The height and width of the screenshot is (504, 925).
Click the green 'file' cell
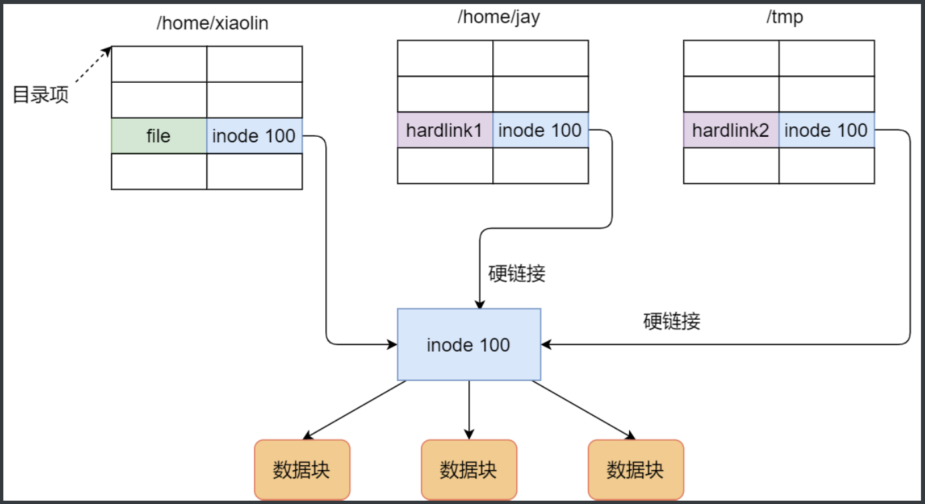[158, 136]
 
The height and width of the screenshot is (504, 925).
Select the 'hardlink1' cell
[444, 130]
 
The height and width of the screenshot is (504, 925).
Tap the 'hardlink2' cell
[731, 130]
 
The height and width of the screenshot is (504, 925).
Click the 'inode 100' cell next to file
[254, 136]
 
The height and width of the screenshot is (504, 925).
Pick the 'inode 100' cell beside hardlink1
[540, 130]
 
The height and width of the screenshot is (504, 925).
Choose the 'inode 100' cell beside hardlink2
[826, 130]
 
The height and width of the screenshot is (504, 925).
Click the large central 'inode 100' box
[468, 344]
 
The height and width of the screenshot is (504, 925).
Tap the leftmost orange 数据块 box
[302, 469]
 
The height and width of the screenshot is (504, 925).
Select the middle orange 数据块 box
[468, 469]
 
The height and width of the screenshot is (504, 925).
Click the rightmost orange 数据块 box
[635, 469]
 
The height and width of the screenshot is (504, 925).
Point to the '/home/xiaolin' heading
[212, 23]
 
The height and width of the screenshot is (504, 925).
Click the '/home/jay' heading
[498, 17]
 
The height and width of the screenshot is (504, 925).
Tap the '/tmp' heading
[784, 17]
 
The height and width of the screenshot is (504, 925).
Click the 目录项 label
[41, 94]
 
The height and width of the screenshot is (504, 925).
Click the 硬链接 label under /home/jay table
[516, 274]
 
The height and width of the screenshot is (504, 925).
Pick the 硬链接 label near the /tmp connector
[672, 322]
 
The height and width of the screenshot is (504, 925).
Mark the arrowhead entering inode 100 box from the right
[546, 344]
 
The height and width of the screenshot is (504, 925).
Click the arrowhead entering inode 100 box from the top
[479, 303]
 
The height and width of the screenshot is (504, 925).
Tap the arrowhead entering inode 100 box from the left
[392, 344]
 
